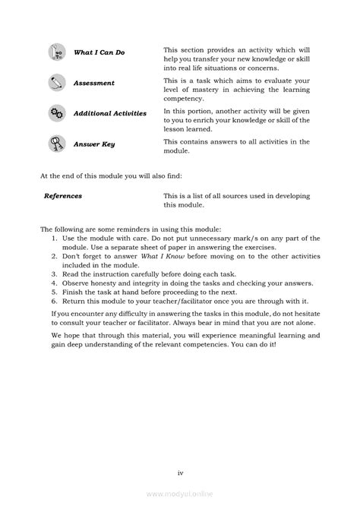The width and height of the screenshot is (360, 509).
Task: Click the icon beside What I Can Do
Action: [x=55, y=52]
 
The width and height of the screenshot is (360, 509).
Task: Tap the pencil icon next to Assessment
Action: [x=55, y=82]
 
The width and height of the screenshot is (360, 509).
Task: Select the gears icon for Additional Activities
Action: [x=55, y=112]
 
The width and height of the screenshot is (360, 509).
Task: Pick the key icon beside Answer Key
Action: [x=55, y=142]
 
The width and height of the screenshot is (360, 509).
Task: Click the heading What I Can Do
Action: [x=99, y=52]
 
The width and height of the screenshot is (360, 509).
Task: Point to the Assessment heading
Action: [x=94, y=83]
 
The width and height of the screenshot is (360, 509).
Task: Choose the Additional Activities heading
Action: [x=109, y=113]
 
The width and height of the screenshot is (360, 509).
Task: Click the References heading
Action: [x=63, y=196]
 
